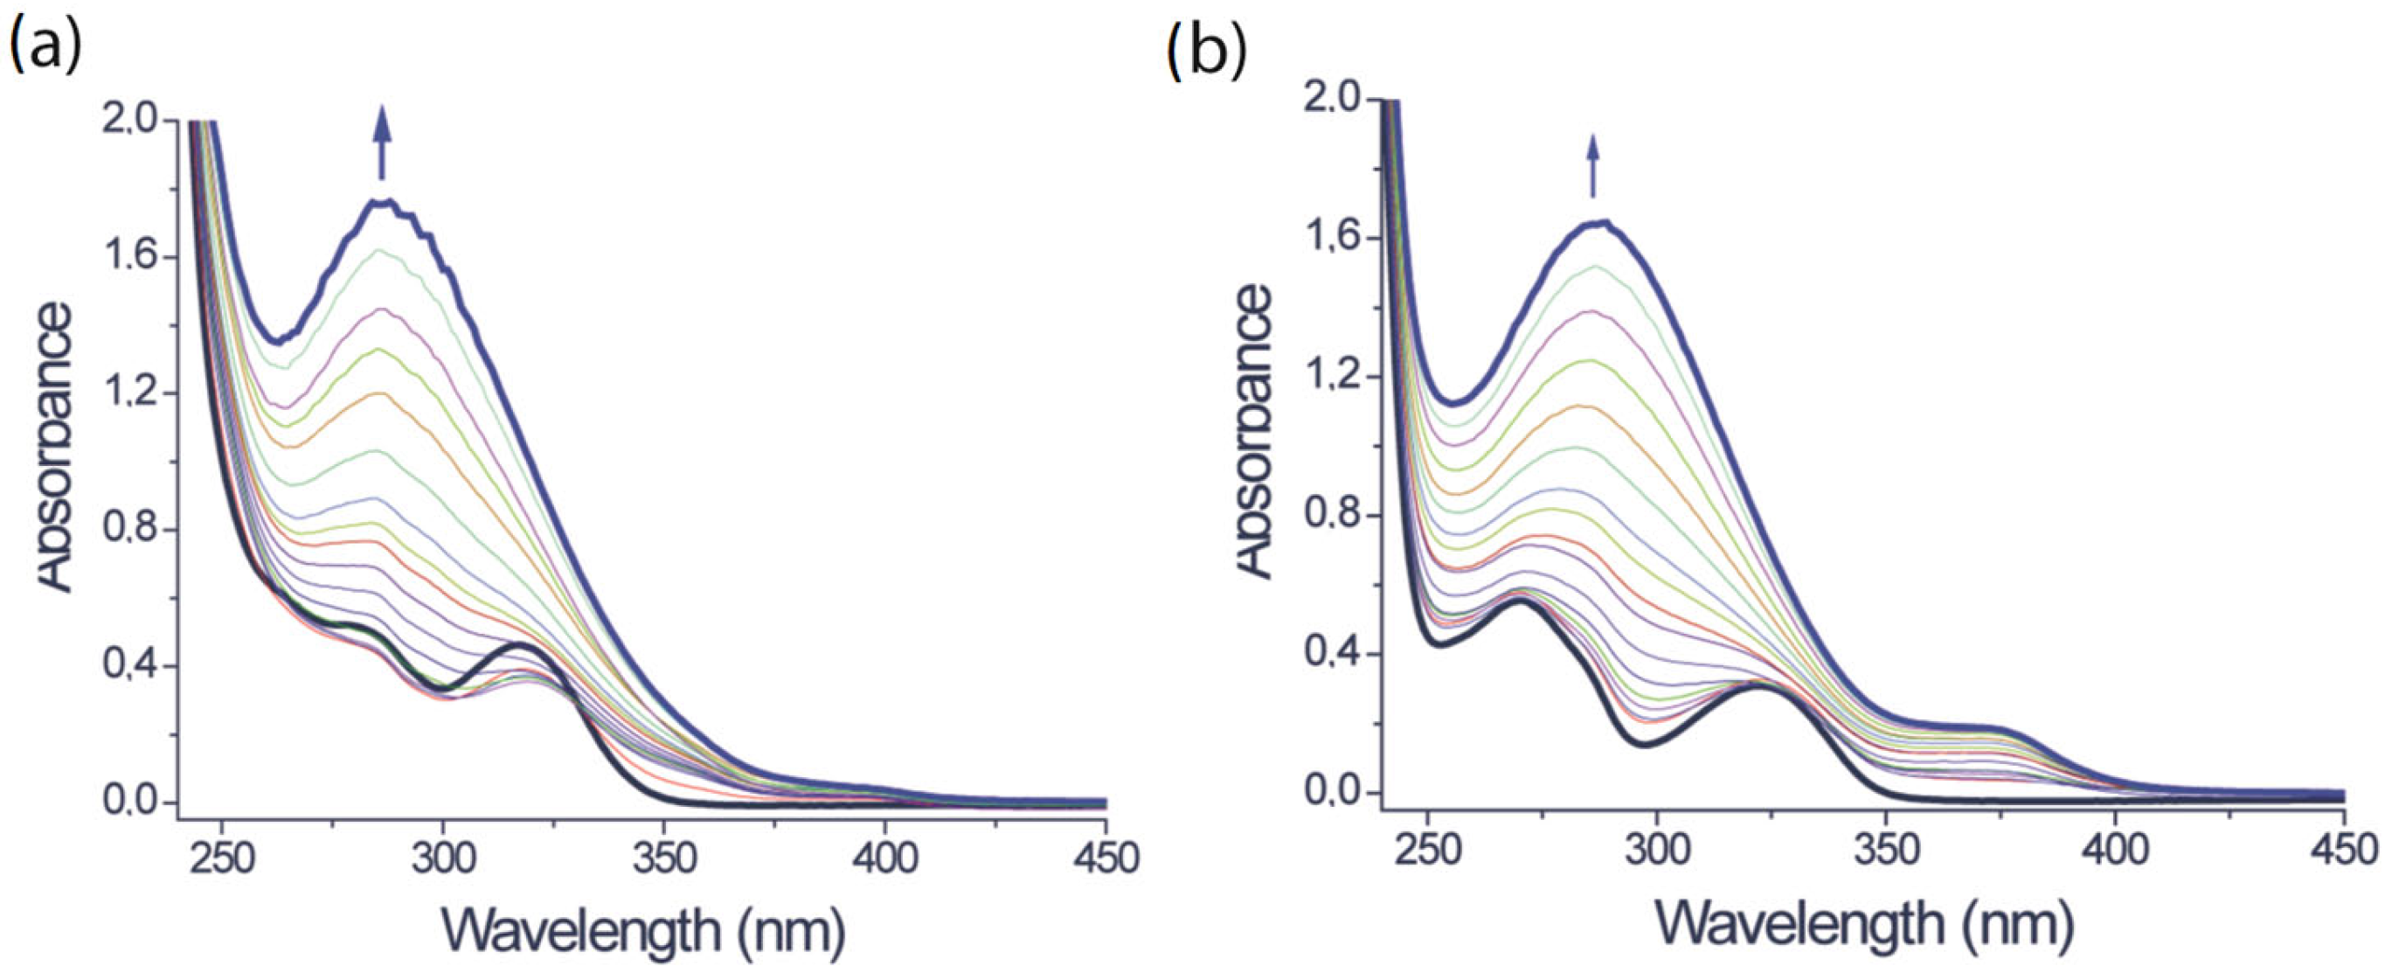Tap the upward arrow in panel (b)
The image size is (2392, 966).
click(1592, 166)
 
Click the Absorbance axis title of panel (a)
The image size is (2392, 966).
click(56, 446)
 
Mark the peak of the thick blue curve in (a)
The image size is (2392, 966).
click(381, 202)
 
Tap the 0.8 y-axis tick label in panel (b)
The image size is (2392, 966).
click(1332, 516)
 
